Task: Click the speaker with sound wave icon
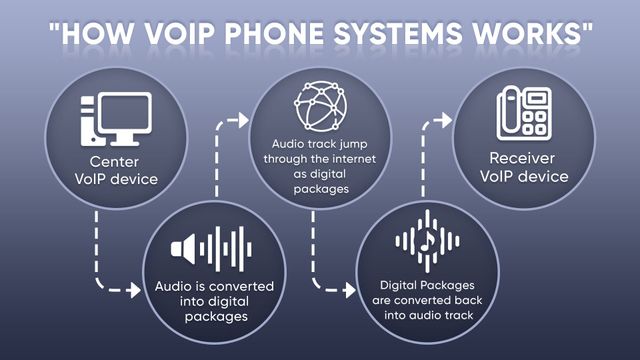pyautogui.click(x=209, y=247)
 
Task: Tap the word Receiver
pyautogui.click(x=523, y=159)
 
